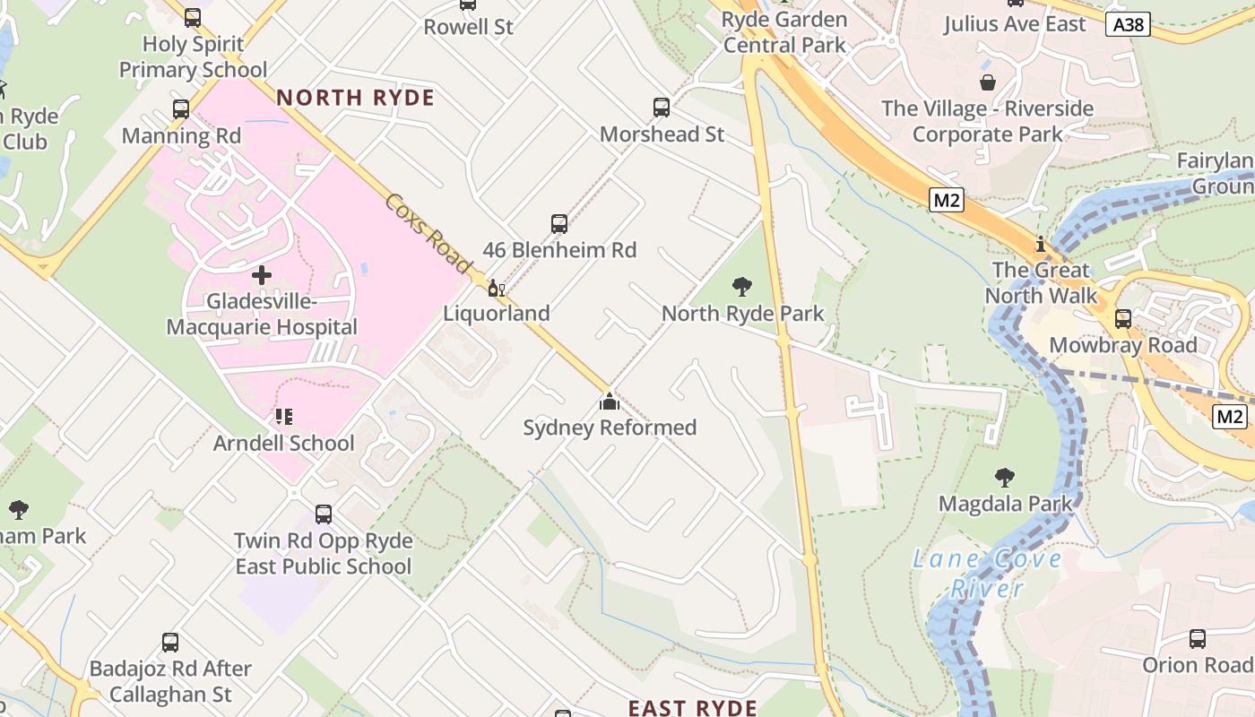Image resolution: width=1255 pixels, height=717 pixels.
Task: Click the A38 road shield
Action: [x=1128, y=24]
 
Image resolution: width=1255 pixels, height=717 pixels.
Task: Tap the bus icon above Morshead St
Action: [x=662, y=108]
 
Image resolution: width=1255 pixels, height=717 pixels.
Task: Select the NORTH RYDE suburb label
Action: [x=355, y=98]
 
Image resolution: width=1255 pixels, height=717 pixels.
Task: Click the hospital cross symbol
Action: [x=262, y=274]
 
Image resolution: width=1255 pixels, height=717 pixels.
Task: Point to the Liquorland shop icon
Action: [x=496, y=289]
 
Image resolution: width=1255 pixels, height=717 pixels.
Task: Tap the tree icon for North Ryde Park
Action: [x=741, y=287]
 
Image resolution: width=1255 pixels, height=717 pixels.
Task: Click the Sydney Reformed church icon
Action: [x=610, y=401]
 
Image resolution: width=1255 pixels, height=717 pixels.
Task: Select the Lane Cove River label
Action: [x=987, y=574]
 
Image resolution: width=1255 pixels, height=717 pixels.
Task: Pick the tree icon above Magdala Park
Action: [x=1005, y=478]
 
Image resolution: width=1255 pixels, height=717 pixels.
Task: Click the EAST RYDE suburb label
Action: [x=692, y=708]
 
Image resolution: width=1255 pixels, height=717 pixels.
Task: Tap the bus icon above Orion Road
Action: [x=1198, y=639]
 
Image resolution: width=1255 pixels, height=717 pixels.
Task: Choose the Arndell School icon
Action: [x=283, y=416]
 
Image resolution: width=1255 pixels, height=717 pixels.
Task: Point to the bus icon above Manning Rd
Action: [x=181, y=109]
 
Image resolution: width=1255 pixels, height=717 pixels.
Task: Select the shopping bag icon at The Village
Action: [x=987, y=82]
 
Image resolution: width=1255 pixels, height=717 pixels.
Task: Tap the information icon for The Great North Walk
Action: [x=1040, y=244]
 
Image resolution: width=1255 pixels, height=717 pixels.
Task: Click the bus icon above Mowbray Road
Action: [x=1122, y=319]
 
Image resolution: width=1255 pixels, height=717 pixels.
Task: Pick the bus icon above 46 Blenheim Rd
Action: [x=559, y=224]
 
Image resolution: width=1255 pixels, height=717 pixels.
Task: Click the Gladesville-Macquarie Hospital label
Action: [x=262, y=315]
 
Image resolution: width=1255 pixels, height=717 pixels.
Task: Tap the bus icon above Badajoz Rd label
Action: [x=170, y=643]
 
